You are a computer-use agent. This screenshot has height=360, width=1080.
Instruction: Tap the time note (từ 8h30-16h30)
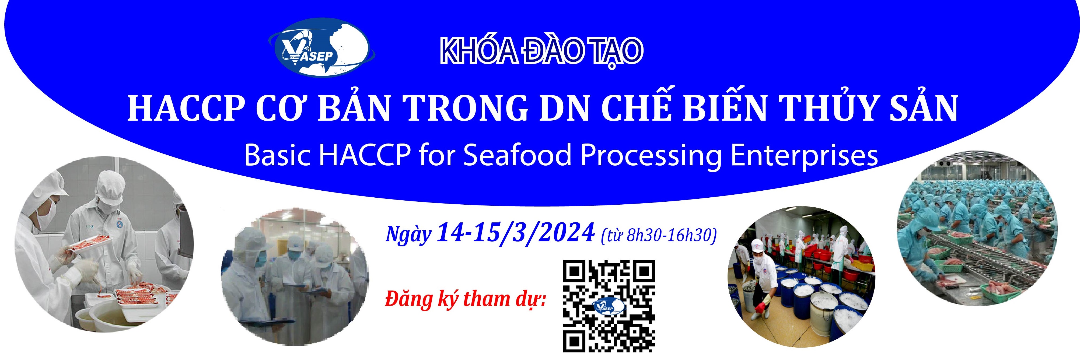click(x=658, y=236)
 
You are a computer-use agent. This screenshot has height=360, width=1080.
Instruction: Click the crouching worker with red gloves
click(x=763, y=285)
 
